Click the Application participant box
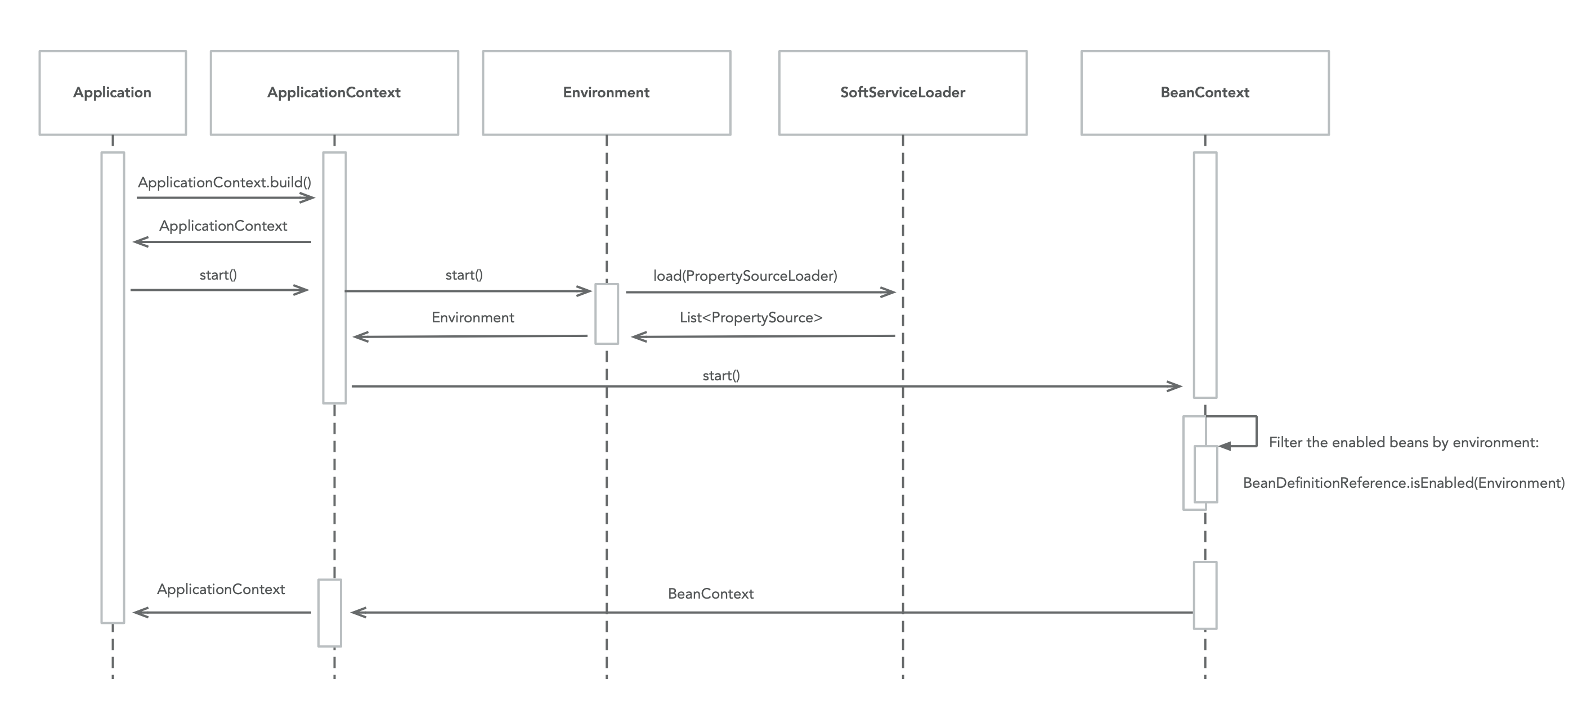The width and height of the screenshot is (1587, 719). click(112, 92)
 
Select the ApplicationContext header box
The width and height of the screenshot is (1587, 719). click(334, 92)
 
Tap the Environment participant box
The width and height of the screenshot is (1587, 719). click(606, 92)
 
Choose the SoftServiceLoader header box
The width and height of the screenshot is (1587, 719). click(903, 92)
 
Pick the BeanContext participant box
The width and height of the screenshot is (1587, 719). click(1204, 92)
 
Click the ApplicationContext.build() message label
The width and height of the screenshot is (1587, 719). click(224, 182)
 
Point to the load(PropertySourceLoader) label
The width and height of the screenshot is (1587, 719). click(745, 276)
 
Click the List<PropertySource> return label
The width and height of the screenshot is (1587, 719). click(751, 317)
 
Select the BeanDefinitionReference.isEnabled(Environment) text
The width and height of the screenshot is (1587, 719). click(1404, 482)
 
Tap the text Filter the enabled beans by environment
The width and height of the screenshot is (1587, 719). click(1404, 442)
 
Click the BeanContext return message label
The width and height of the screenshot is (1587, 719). click(710, 594)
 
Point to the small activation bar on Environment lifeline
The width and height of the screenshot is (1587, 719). click(606, 313)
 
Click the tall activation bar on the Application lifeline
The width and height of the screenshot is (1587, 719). click(113, 388)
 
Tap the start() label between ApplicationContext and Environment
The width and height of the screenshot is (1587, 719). click(464, 275)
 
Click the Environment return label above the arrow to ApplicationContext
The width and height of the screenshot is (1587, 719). click(473, 317)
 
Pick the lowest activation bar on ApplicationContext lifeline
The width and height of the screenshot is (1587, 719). click(330, 613)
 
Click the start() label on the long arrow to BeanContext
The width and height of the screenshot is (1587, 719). click(721, 375)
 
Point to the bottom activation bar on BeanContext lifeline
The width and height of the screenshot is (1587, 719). click(1205, 595)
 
